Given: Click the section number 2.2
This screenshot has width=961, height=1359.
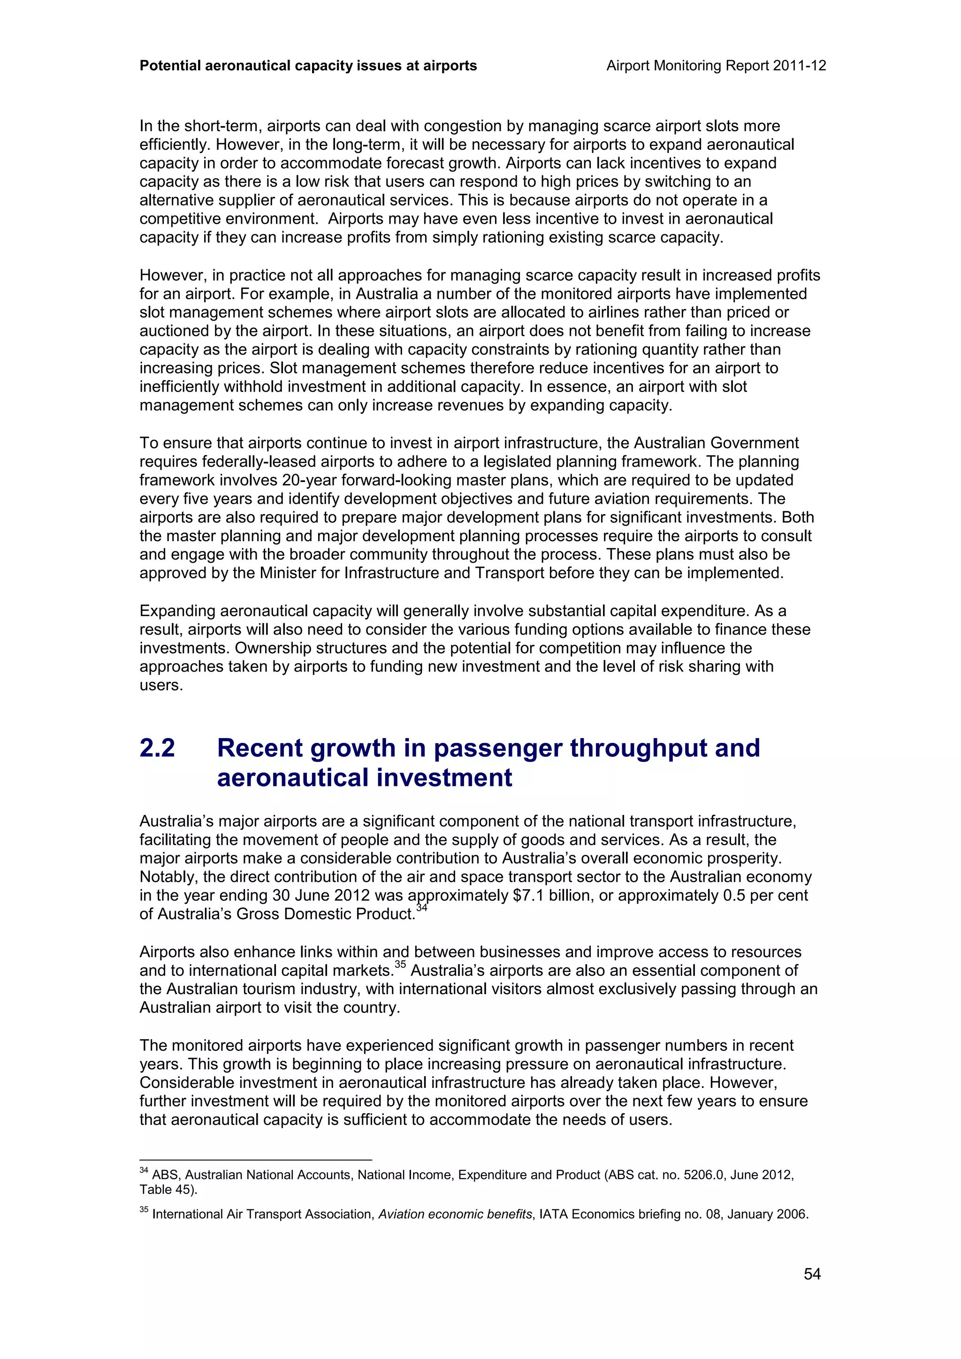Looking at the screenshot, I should pyautogui.click(x=158, y=748).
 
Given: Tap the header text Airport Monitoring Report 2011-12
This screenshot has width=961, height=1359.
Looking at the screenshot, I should pyautogui.click(x=716, y=66).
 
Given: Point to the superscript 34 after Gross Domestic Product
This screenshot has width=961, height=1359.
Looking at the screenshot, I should pyautogui.click(x=421, y=907).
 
